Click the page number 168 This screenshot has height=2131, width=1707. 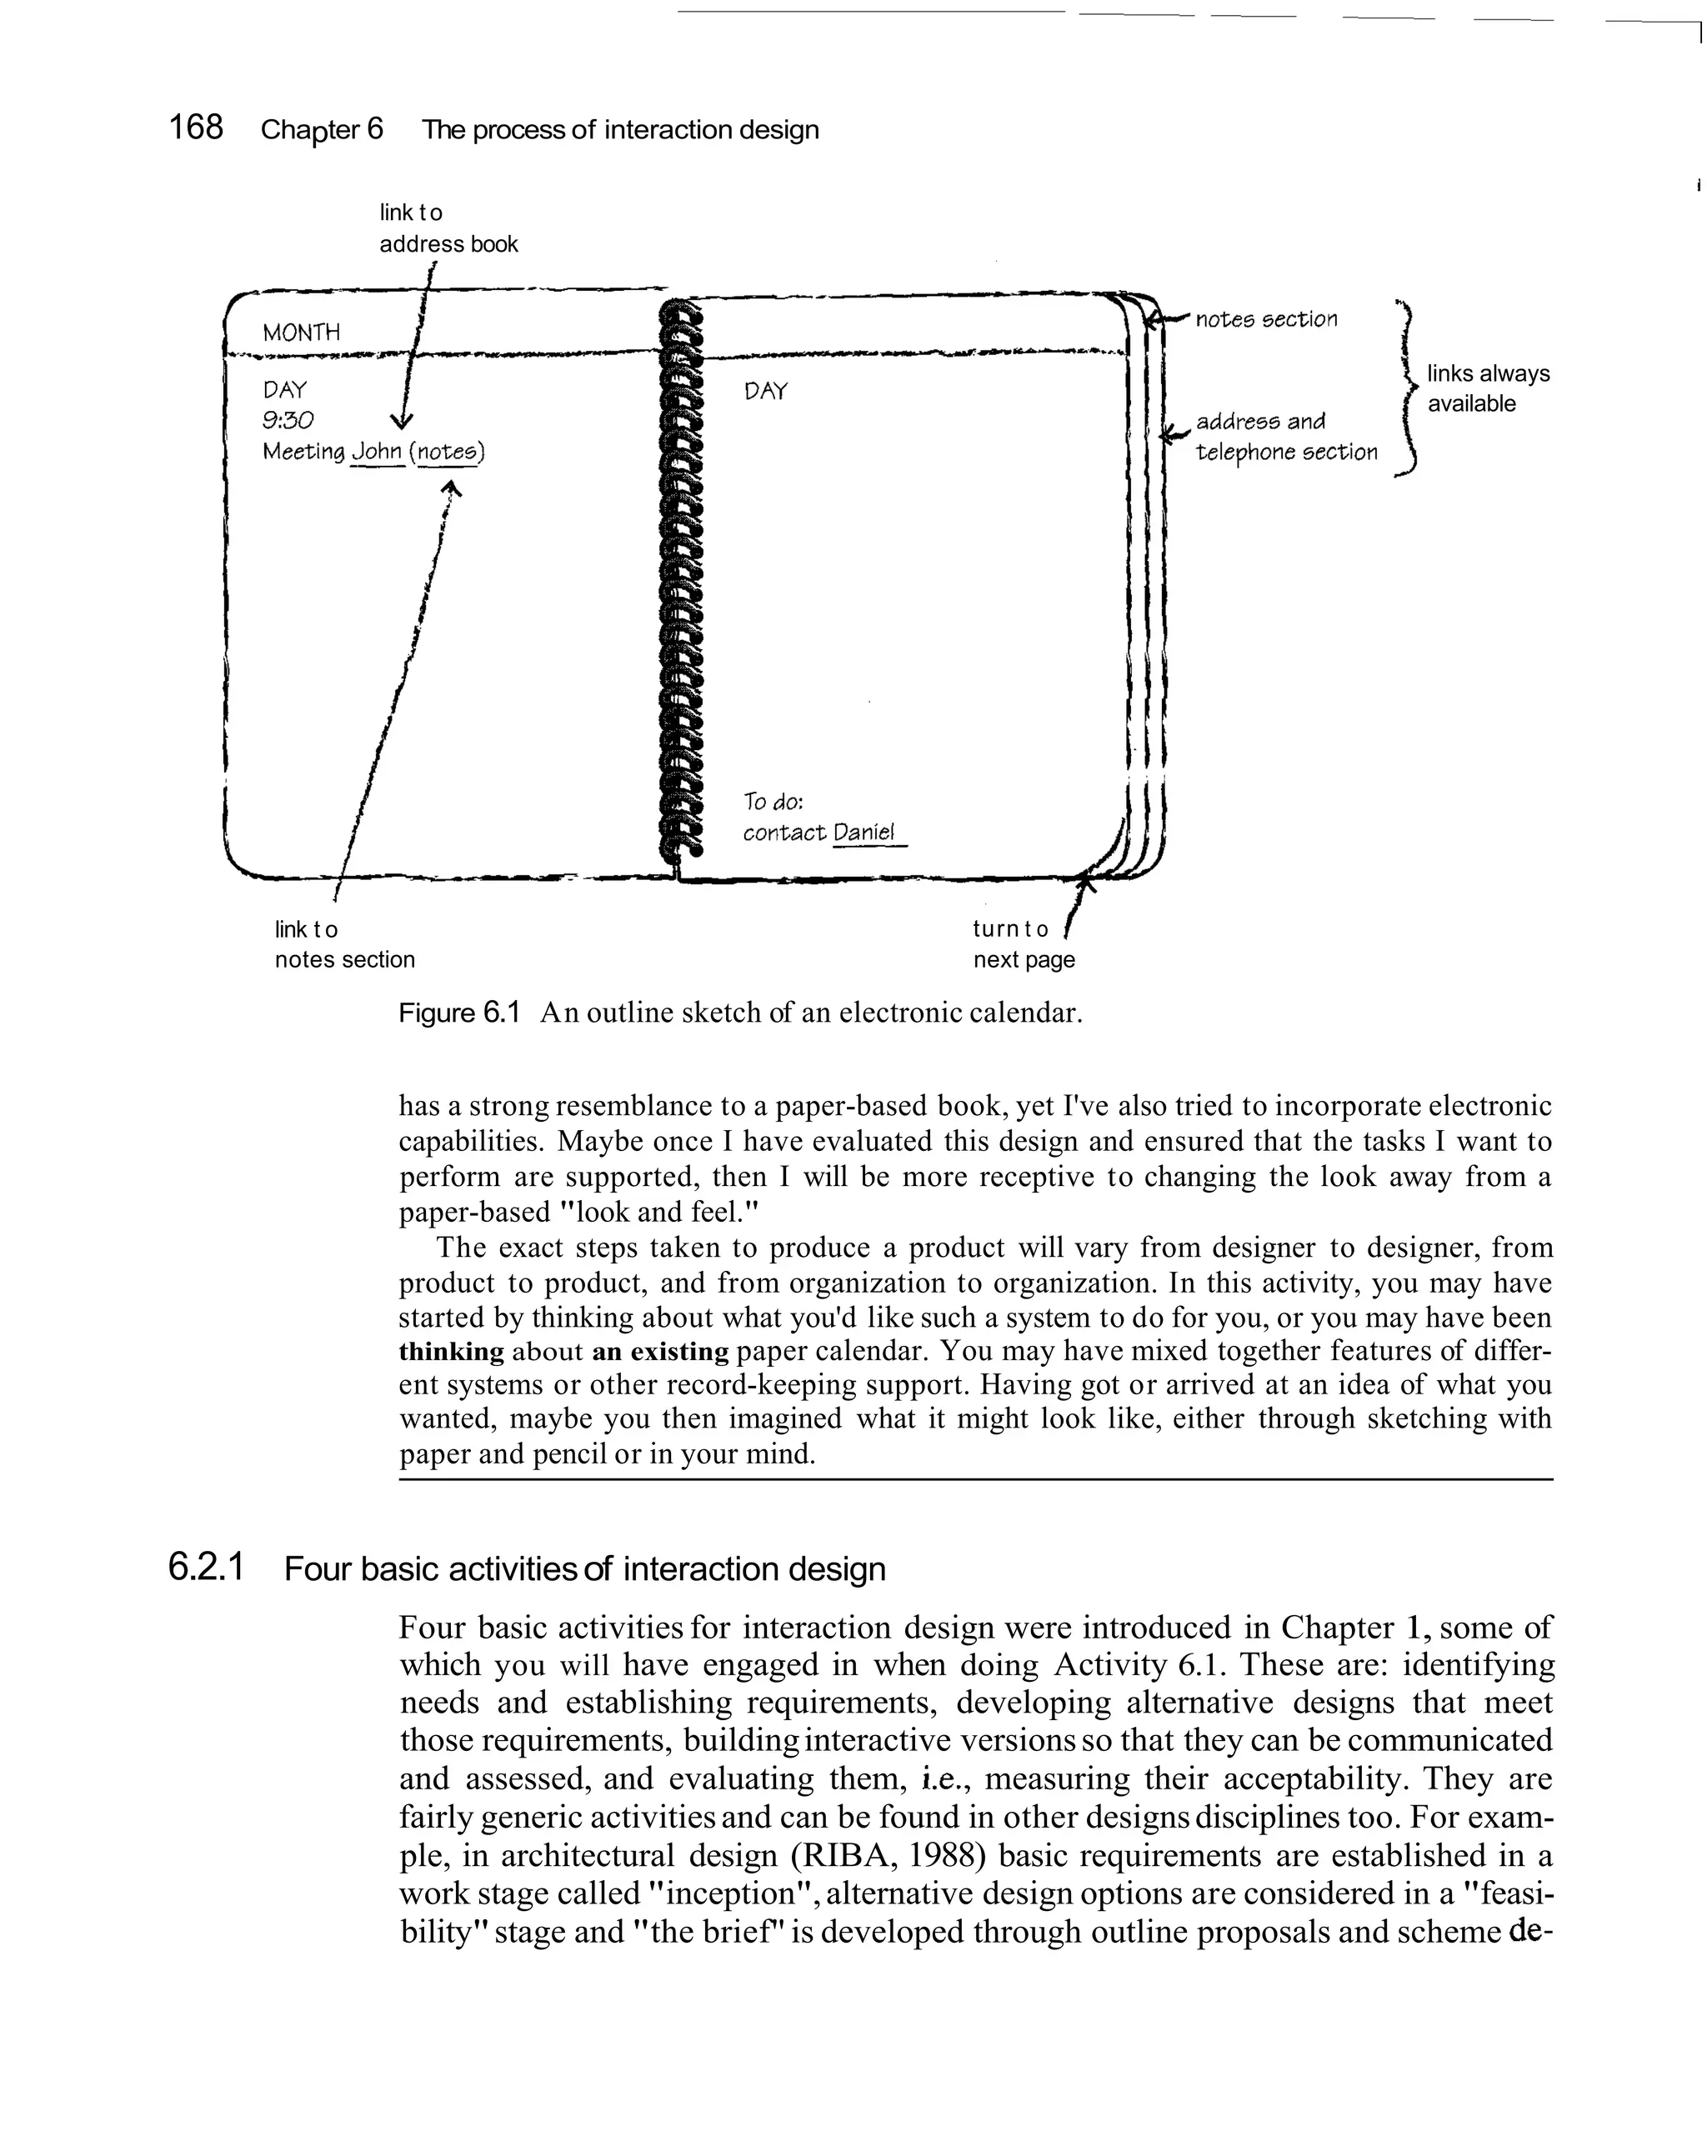196,128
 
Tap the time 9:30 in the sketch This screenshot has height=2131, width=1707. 288,421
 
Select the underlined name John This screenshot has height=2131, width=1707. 378,452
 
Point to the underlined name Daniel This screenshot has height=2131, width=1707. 864,833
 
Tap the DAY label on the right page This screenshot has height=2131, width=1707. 766,392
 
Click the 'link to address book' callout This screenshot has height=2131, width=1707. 448,228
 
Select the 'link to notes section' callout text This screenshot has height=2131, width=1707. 344,944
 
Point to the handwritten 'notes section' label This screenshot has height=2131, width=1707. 1266,319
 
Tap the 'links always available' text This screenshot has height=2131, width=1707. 1487,388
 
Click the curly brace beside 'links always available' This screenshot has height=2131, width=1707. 1408,388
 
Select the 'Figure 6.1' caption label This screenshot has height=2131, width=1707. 458,1013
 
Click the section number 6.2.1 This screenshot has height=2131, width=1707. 206,1568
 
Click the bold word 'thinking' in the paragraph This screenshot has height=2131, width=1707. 451,1351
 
